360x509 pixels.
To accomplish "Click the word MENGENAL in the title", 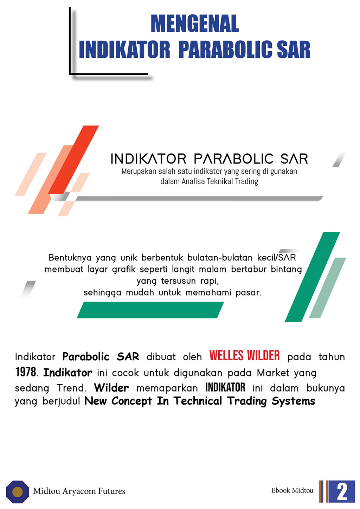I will point(195,24).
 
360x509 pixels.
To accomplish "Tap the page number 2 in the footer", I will point(342,491).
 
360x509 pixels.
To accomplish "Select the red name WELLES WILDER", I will point(245,356).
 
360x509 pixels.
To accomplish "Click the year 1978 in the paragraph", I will point(26,372).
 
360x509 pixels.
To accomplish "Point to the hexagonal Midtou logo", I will point(18,491).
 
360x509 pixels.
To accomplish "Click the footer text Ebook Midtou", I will point(292,490).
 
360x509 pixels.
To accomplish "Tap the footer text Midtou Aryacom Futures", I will point(79,491).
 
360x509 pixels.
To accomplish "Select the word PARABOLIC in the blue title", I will point(225,50).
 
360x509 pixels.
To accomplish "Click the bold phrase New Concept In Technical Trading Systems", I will point(200,401).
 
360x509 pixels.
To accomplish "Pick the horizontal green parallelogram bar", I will point(150,310).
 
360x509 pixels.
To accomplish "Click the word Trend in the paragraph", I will point(71,388).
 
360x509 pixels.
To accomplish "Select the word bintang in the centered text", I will point(286,269).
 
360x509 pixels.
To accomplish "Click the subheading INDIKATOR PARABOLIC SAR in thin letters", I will point(209,159).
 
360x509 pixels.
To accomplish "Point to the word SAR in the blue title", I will point(294,50).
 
